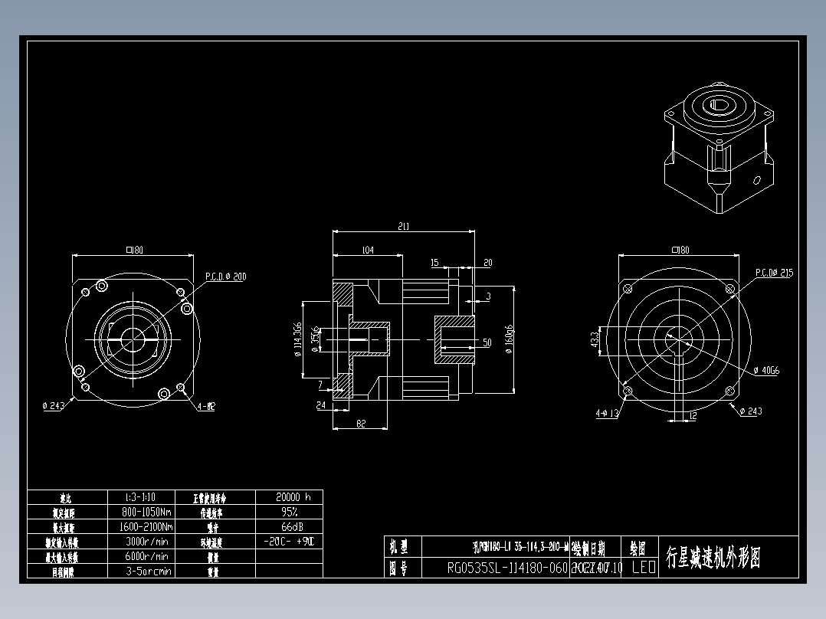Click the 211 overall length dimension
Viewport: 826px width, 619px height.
click(x=404, y=227)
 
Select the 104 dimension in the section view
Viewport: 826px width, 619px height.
click(x=367, y=251)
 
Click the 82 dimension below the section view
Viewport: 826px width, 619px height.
click(x=359, y=423)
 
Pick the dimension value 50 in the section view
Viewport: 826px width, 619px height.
click(x=487, y=342)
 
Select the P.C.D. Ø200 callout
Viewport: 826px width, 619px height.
click(x=225, y=277)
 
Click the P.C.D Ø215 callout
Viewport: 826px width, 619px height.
click(x=774, y=273)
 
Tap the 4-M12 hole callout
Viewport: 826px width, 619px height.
click(x=205, y=407)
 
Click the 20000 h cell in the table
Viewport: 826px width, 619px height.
click(x=288, y=496)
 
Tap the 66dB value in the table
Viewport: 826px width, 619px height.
click(x=288, y=527)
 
